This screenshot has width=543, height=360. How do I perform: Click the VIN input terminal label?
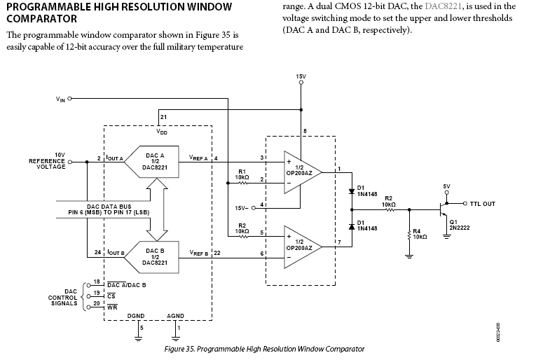pos(60,99)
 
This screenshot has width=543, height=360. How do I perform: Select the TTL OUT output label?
pos(481,204)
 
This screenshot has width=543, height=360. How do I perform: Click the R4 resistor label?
pos(418,234)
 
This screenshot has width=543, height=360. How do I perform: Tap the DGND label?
pos(135,316)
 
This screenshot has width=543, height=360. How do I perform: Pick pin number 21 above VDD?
pos(163,117)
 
